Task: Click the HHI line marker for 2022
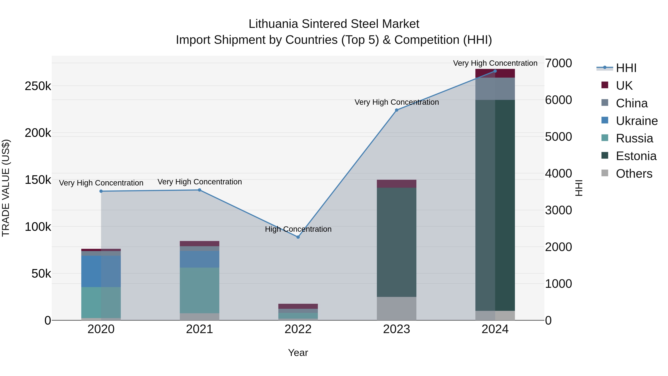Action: tap(298, 237)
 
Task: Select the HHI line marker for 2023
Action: tap(397, 110)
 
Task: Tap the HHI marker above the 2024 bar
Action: tap(495, 71)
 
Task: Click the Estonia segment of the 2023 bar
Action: tap(397, 242)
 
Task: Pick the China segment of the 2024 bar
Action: tap(495, 89)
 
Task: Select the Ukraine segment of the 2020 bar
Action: tap(101, 271)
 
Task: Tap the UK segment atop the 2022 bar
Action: tap(298, 306)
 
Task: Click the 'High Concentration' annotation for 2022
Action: tap(298, 229)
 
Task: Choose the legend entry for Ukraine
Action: tap(637, 121)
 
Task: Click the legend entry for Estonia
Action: tap(636, 156)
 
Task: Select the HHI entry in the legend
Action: tap(626, 68)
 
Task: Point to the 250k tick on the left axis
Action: tap(38, 86)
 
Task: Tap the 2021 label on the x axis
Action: tap(199, 329)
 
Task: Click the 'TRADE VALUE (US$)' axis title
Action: tap(6, 188)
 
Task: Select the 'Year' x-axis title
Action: tap(298, 353)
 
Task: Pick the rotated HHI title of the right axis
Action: tap(579, 188)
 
